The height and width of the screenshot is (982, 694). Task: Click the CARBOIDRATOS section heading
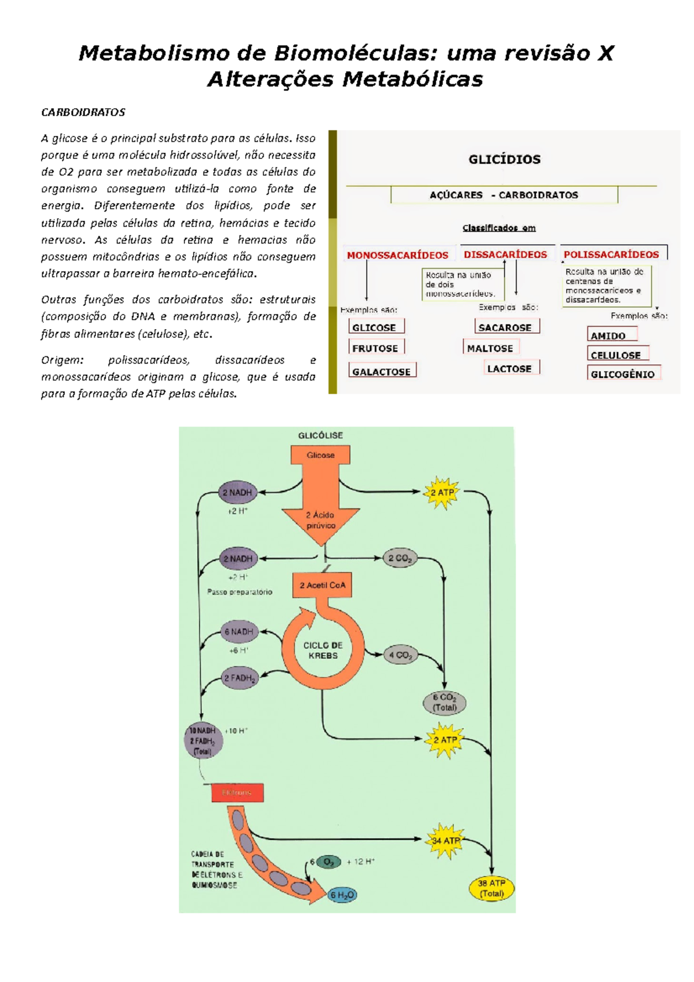[x=83, y=112]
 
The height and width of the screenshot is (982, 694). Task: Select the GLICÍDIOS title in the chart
[x=504, y=160]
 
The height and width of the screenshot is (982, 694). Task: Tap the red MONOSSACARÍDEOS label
[x=397, y=255]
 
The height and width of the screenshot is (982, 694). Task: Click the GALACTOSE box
[x=382, y=371]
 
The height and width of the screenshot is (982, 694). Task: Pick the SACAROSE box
[x=505, y=327]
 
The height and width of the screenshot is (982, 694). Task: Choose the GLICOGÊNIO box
[x=622, y=374]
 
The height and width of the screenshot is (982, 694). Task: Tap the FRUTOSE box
[x=375, y=348]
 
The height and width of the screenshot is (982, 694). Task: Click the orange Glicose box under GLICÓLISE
[x=320, y=455]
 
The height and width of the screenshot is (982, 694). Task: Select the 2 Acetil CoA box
[x=322, y=585]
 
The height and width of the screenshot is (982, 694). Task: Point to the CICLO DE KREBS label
[x=323, y=650]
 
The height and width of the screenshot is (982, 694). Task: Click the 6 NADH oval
[x=239, y=632]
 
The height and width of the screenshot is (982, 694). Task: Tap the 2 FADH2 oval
[x=239, y=678]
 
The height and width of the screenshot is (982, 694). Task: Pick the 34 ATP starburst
[x=445, y=840]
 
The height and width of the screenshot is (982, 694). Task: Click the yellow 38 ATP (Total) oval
[x=491, y=888]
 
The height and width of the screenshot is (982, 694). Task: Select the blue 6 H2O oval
[x=342, y=895]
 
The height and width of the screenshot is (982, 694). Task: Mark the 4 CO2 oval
[x=400, y=655]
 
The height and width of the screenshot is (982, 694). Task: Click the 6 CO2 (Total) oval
[x=445, y=702]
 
